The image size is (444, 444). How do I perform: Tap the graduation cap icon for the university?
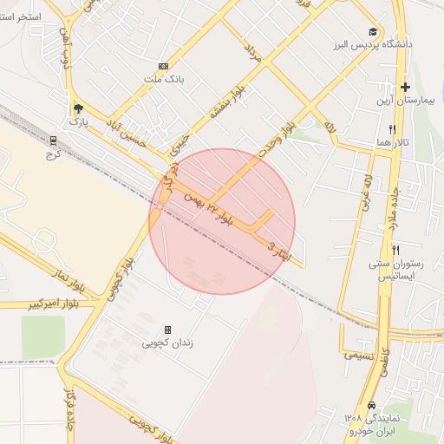click(372, 31)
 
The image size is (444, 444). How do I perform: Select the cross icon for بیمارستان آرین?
click(405, 87)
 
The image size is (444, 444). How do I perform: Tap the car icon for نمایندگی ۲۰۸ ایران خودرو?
click(371, 405)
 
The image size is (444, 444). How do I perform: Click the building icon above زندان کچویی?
click(167, 330)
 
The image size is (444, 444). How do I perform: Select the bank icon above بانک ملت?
click(163, 66)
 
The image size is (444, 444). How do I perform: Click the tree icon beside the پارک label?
click(78, 108)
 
